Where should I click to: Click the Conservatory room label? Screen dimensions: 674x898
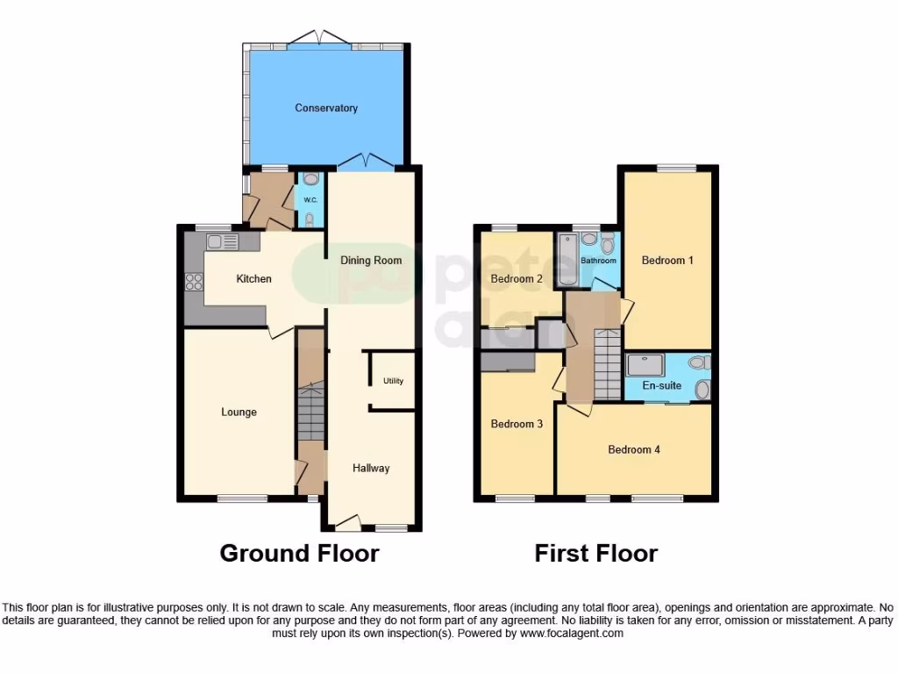click(326, 108)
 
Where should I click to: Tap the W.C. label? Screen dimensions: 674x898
click(310, 200)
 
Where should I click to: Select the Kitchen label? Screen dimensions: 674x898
click(254, 279)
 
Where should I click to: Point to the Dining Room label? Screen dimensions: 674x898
click(371, 260)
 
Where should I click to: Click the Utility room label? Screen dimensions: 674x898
click(393, 381)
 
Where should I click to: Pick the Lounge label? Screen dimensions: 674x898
click(239, 412)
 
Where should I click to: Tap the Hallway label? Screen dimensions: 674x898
click(371, 468)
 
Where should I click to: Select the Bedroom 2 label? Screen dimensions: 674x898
click(517, 279)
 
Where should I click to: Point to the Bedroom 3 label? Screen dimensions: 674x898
click(517, 424)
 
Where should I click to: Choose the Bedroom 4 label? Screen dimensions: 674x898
click(634, 449)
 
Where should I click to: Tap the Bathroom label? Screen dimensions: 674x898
click(600, 261)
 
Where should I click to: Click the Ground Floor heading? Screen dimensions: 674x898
click(299, 553)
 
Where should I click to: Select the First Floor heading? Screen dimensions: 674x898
click(596, 553)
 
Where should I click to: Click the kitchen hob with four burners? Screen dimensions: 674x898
click(194, 283)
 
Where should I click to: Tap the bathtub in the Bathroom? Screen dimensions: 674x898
click(567, 259)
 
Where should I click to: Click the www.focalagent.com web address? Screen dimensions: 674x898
click(571, 633)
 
